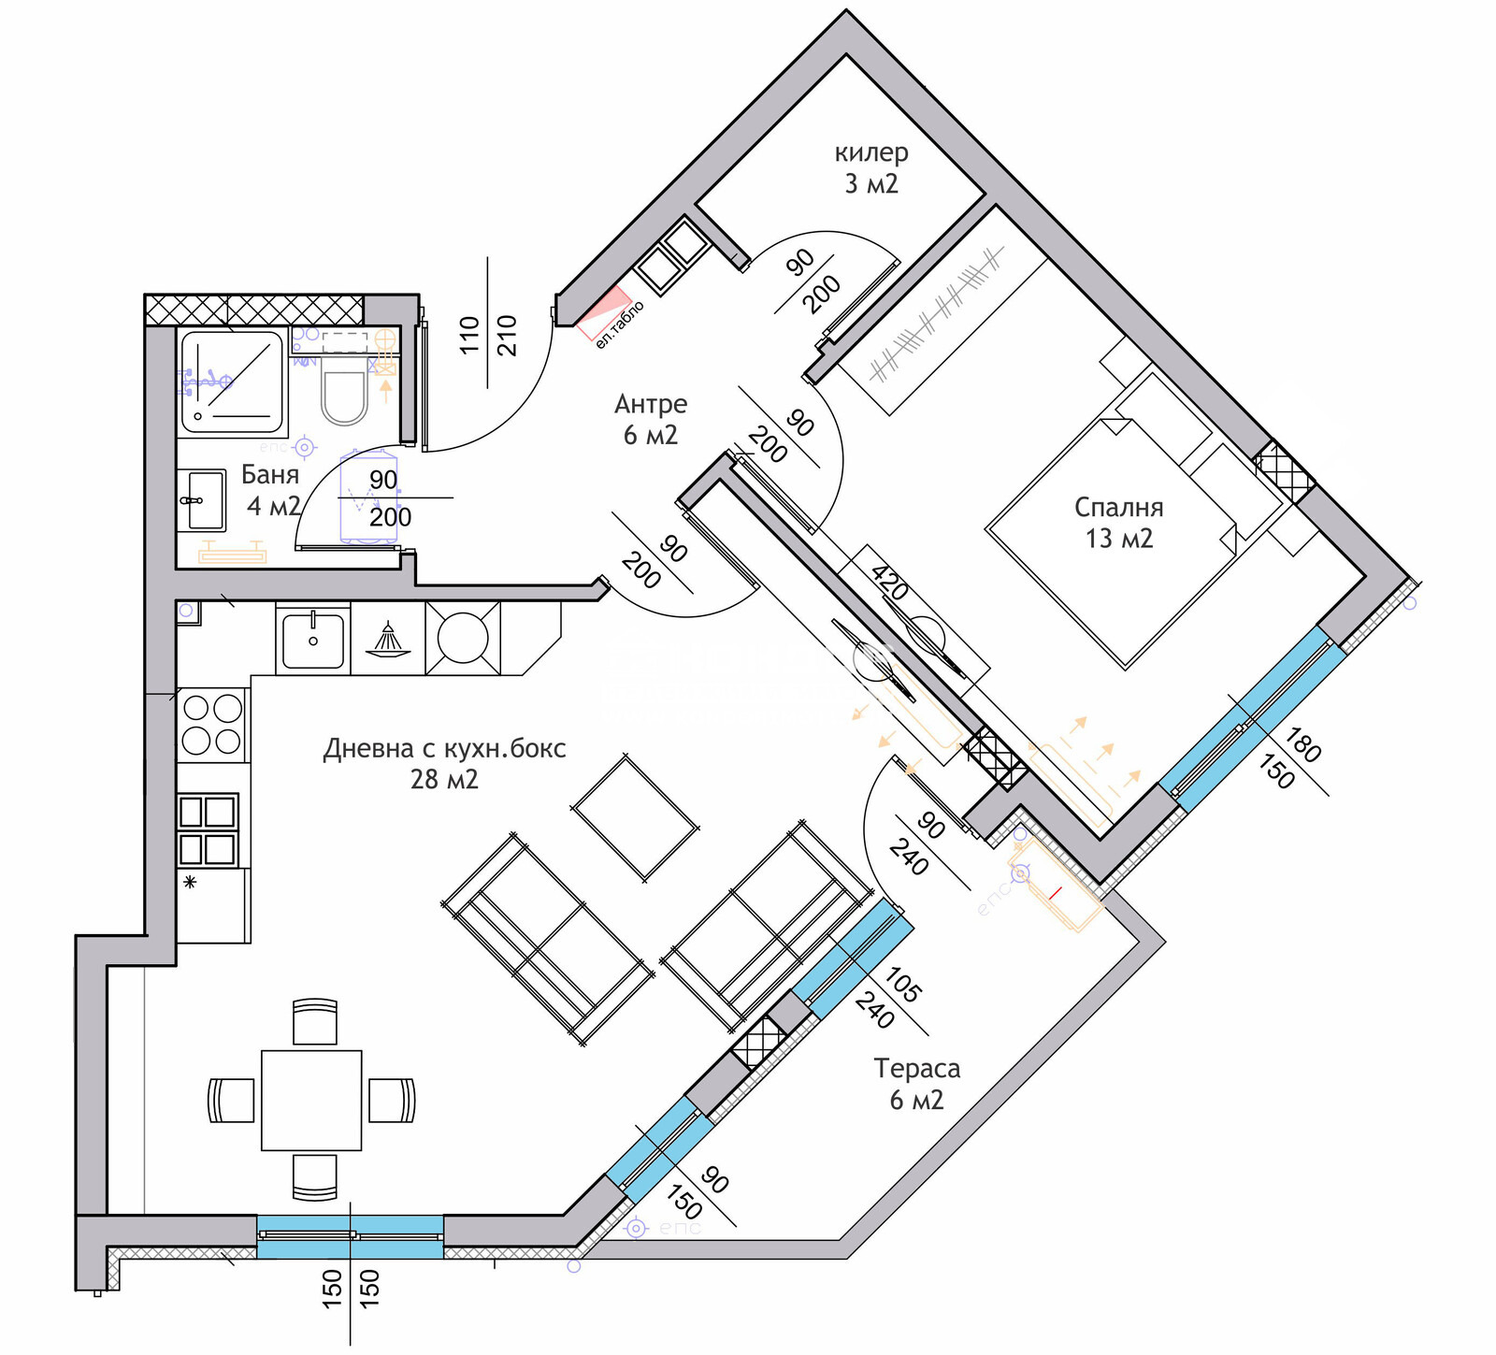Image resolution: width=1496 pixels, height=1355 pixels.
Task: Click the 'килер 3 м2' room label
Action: [870, 168]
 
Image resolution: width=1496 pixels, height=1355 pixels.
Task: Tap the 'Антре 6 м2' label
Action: [651, 419]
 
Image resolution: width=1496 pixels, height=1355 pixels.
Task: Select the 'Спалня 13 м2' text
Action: [1118, 523]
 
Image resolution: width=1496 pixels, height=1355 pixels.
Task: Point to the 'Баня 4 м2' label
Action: [271, 490]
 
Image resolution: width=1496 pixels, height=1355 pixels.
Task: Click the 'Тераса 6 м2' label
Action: [916, 1084]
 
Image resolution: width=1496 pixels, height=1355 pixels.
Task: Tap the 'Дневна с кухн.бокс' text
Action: [444, 749]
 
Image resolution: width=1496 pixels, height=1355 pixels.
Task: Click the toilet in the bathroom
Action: [344, 397]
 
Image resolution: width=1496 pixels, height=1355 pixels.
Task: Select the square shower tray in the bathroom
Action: [232, 382]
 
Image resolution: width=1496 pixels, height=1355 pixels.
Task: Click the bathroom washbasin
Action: [202, 500]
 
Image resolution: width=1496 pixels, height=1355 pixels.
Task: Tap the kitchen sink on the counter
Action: [312, 639]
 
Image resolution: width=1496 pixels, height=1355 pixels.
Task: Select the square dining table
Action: [311, 1100]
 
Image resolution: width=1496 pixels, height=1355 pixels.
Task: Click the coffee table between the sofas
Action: [636, 818]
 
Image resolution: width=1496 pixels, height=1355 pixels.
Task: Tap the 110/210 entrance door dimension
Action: [487, 335]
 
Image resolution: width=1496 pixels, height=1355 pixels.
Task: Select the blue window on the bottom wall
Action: [350, 1236]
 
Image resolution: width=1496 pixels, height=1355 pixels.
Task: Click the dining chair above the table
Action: [315, 1021]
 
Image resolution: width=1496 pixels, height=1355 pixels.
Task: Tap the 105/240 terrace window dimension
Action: [888, 998]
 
